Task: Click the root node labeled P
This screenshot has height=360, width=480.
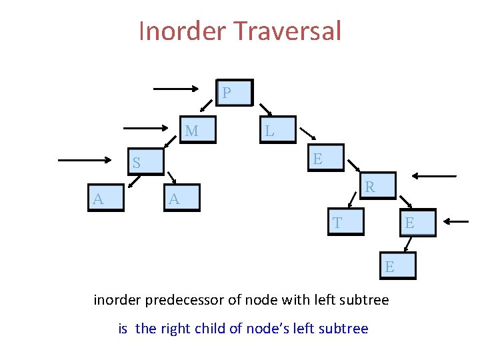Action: (x=235, y=93)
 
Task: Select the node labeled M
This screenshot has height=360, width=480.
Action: (x=200, y=131)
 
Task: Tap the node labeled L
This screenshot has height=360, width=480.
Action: (x=277, y=131)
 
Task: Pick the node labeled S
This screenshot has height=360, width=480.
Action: (x=146, y=163)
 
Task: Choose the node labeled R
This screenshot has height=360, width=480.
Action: (x=378, y=187)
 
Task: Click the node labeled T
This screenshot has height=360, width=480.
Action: (x=347, y=223)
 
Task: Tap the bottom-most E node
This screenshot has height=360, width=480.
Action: (x=398, y=266)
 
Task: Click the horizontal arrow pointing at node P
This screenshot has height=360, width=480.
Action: (x=177, y=87)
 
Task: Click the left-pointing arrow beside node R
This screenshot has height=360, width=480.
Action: (x=434, y=176)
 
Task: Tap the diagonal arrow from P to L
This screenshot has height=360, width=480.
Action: (x=265, y=109)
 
